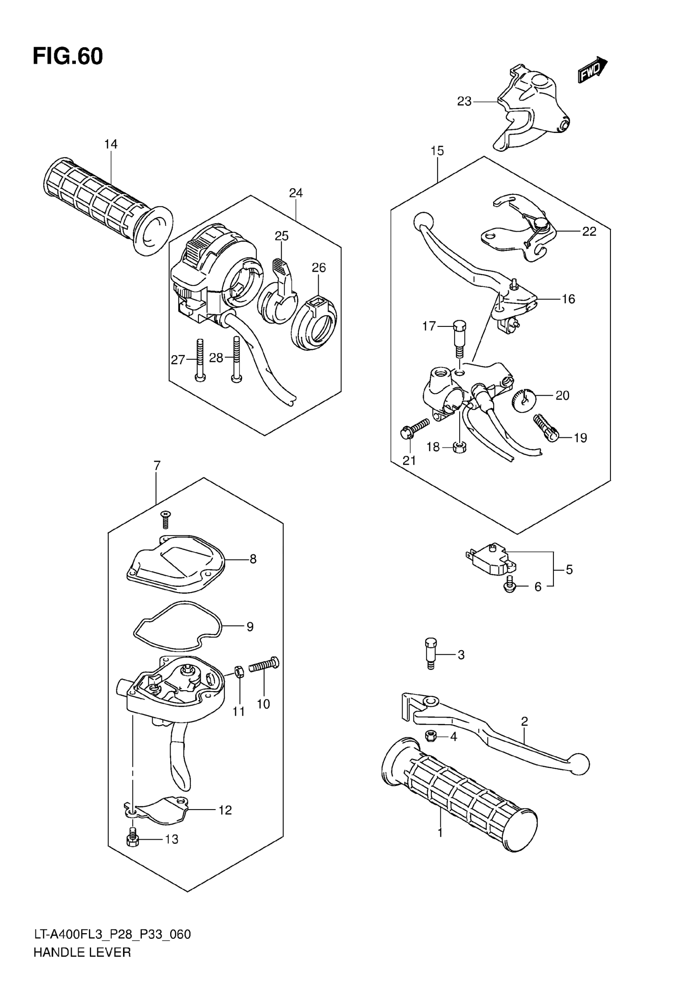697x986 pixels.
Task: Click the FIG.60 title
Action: click(x=68, y=56)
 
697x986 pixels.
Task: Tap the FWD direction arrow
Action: click(x=592, y=71)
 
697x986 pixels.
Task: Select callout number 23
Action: click(x=464, y=101)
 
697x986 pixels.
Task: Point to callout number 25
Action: click(x=282, y=236)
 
